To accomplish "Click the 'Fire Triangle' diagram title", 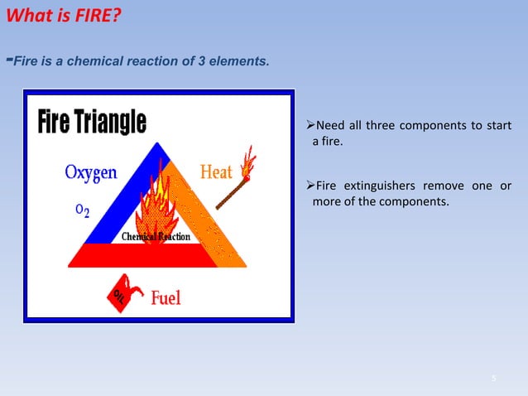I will [x=92, y=123].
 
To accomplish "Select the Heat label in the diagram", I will [x=217, y=172].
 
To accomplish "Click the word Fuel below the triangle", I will [x=166, y=297].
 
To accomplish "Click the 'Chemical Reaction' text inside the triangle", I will [x=156, y=237].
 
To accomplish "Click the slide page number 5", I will [x=493, y=379].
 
